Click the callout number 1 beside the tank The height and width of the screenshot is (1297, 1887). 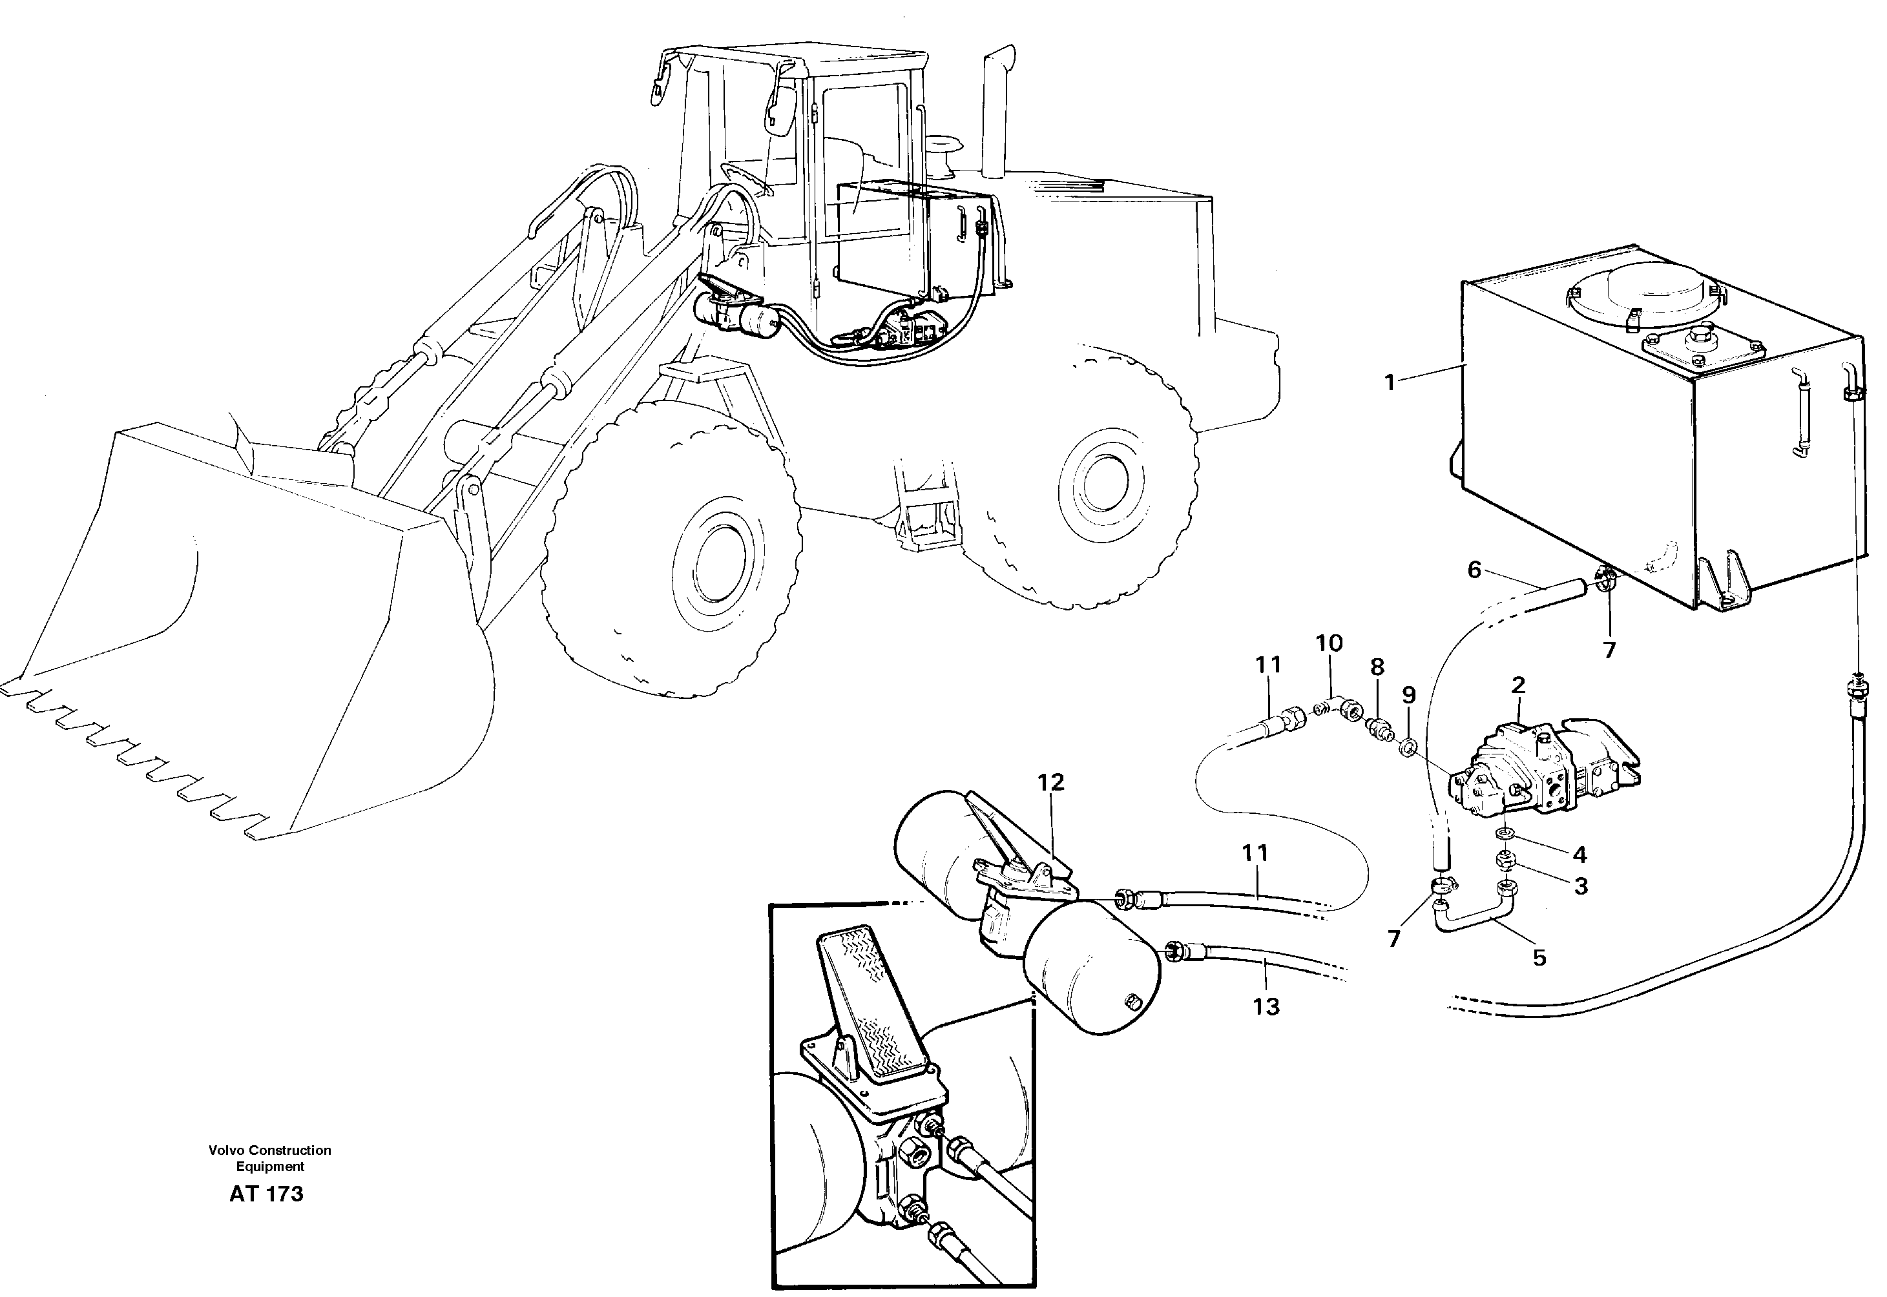click(x=1390, y=382)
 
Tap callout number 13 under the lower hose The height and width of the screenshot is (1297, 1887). click(x=1266, y=1007)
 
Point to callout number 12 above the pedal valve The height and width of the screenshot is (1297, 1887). click(x=1051, y=782)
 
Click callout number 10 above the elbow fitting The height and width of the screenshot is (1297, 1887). click(x=1329, y=643)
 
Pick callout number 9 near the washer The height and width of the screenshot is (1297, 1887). click(x=1408, y=695)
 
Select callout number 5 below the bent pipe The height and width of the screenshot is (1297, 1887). click(x=1539, y=957)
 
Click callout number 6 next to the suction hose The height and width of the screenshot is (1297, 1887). click(x=1474, y=570)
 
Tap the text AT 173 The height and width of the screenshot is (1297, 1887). click(x=267, y=1194)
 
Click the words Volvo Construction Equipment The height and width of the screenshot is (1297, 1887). click(x=270, y=1158)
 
